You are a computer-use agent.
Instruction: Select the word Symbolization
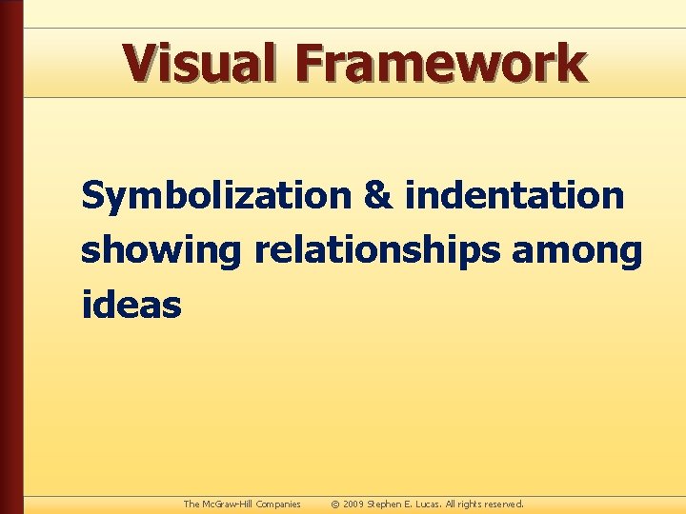(216, 196)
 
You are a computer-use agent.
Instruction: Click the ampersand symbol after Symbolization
(378, 196)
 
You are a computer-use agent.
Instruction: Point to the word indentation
(514, 196)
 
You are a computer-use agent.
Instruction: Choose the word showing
(162, 252)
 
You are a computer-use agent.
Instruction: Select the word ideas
(131, 306)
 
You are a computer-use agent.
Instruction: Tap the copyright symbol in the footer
(335, 504)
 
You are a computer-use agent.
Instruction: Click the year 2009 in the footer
(353, 504)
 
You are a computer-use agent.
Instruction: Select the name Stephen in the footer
(386, 504)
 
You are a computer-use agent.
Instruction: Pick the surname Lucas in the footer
(427, 504)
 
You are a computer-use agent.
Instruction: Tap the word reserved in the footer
(507, 504)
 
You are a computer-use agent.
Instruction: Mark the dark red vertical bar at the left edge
(10, 257)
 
